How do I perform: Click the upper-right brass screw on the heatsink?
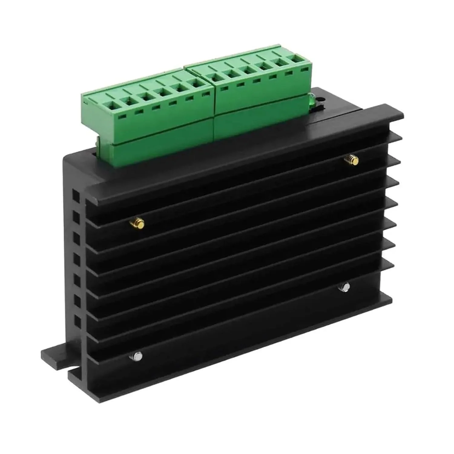point(351,159)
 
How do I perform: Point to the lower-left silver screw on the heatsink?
point(137,357)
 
